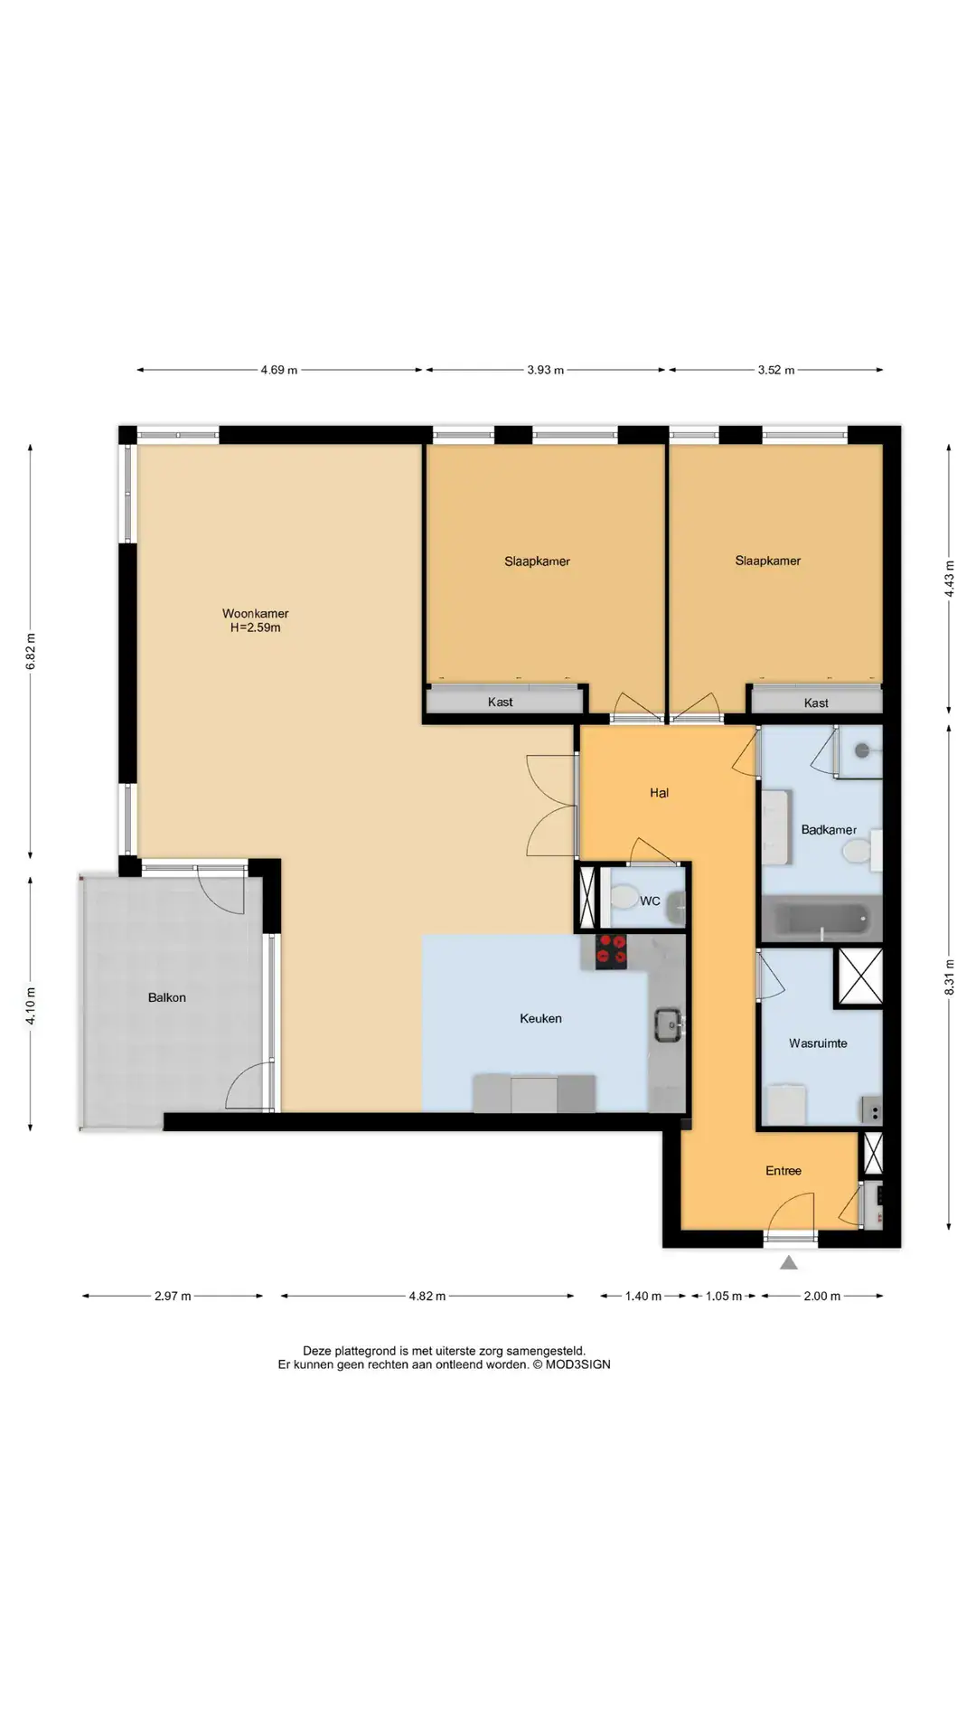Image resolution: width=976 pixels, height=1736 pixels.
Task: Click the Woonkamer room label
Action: [x=256, y=613]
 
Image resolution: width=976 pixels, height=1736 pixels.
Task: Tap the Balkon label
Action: [x=167, y=997]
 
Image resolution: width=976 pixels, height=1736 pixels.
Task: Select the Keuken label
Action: [x=540, y=1018]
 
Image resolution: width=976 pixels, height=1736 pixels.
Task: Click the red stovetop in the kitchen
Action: [x=611, y=952]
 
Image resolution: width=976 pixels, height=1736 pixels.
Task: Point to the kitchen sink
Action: [x=670, y=1024]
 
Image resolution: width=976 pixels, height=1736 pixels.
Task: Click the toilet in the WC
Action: [x=623, y=899]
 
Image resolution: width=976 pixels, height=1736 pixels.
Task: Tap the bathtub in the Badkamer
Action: [x=821, y=920]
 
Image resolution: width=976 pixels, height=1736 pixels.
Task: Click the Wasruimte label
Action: [x=818, y=1043]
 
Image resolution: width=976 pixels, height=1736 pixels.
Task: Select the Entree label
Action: [x=784, y=1171]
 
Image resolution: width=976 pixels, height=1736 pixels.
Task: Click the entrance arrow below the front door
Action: [x=789, y=1263]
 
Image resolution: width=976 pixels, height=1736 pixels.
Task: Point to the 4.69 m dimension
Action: [x=279, y=370]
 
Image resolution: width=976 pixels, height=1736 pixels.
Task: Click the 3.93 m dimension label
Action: [x=546, y=370]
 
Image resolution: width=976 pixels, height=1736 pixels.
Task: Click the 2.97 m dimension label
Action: [x=173, y=1296]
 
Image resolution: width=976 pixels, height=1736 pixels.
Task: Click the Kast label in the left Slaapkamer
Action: [x=501, y=702]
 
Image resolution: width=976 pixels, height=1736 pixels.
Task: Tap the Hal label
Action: [x=660, y=793]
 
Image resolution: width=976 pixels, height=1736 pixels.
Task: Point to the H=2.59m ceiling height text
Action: [x=256, y=627]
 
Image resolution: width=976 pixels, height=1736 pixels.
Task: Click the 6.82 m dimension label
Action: [x=31, y=651]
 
